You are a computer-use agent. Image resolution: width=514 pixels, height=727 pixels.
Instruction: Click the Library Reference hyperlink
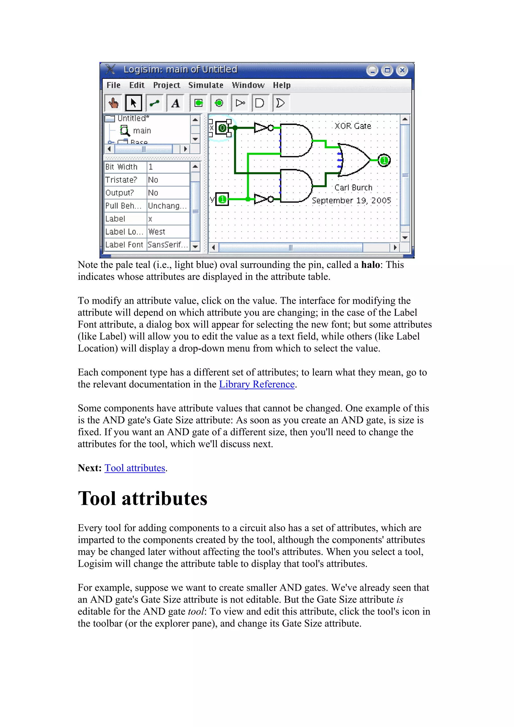point(256,384)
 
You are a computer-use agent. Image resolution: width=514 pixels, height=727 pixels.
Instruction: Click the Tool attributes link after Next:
point(135,468)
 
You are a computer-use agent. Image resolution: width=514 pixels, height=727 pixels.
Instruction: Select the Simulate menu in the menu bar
point(206,85)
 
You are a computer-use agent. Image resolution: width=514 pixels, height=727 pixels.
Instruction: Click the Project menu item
point(167,85)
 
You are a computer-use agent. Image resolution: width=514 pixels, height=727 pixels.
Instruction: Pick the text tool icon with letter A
point(175,103)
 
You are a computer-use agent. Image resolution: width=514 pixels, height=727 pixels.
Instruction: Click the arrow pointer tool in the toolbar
point(133,103)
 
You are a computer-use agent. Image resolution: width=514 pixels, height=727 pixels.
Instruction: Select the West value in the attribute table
point(157,232)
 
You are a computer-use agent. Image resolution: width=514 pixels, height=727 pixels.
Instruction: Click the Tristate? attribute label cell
point(121,180)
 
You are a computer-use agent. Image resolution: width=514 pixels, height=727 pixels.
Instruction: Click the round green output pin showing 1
point(384,161)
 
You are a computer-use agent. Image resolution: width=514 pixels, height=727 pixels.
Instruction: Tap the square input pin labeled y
point(222,199)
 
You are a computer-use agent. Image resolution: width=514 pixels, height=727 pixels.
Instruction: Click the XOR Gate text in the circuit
point(353,126)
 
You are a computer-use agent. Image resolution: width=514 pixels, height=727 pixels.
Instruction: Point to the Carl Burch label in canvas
point(353,188)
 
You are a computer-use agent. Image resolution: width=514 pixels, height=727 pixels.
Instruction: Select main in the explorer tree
point(142,131)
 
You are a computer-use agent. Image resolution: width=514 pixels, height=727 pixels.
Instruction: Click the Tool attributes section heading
point(143,499)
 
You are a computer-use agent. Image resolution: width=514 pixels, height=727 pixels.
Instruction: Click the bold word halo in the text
point(370,265)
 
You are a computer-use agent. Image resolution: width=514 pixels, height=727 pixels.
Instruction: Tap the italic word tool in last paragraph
point(196,611)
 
